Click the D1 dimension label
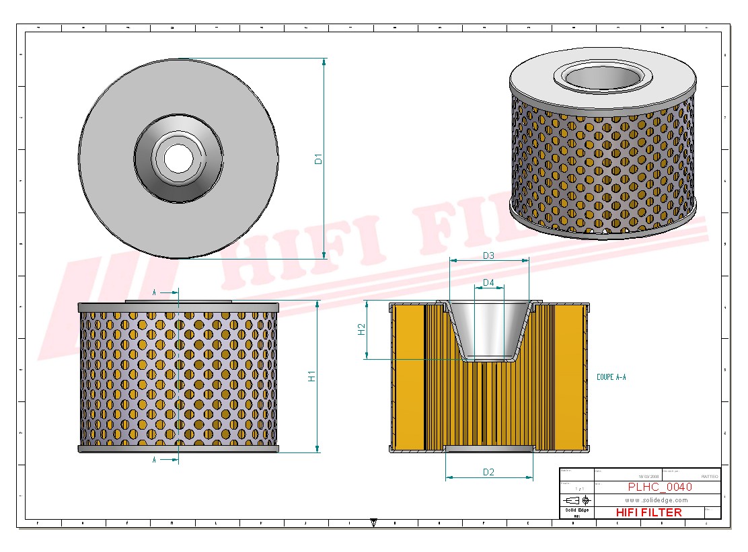pyautogui.click(x=319, y=159)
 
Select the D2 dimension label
pyautogui.click(x=488, y=472)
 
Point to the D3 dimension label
pyautogui.click(x=488, y=255)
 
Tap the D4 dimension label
pyautogui.click(x=488, y=283)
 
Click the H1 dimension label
pyautogui.click(x=311, y=377)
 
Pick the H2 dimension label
pyautogui.click(x=361, y=329)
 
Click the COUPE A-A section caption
pyautogui.click(x=611, y=378)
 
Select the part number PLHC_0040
pyautogui.click(x=659, y=487)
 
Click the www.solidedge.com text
pyautogui.click(x=656, y=500)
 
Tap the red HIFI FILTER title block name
pyautogui.click(x=648, y=512)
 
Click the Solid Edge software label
pyautogui.click(x=576, y=510)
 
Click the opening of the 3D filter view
pyautogui.click(x=602, y=76)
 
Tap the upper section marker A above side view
pyautogui.click(x=155, y=292)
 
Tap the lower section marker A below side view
pyautogui.click(x=155, y=460)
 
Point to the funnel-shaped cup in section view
pyautogui.click(x=488, y=329)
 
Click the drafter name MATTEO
pyautogui.click(x=709, y=476)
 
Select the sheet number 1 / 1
pyautogui.click(x=578, y=488)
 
